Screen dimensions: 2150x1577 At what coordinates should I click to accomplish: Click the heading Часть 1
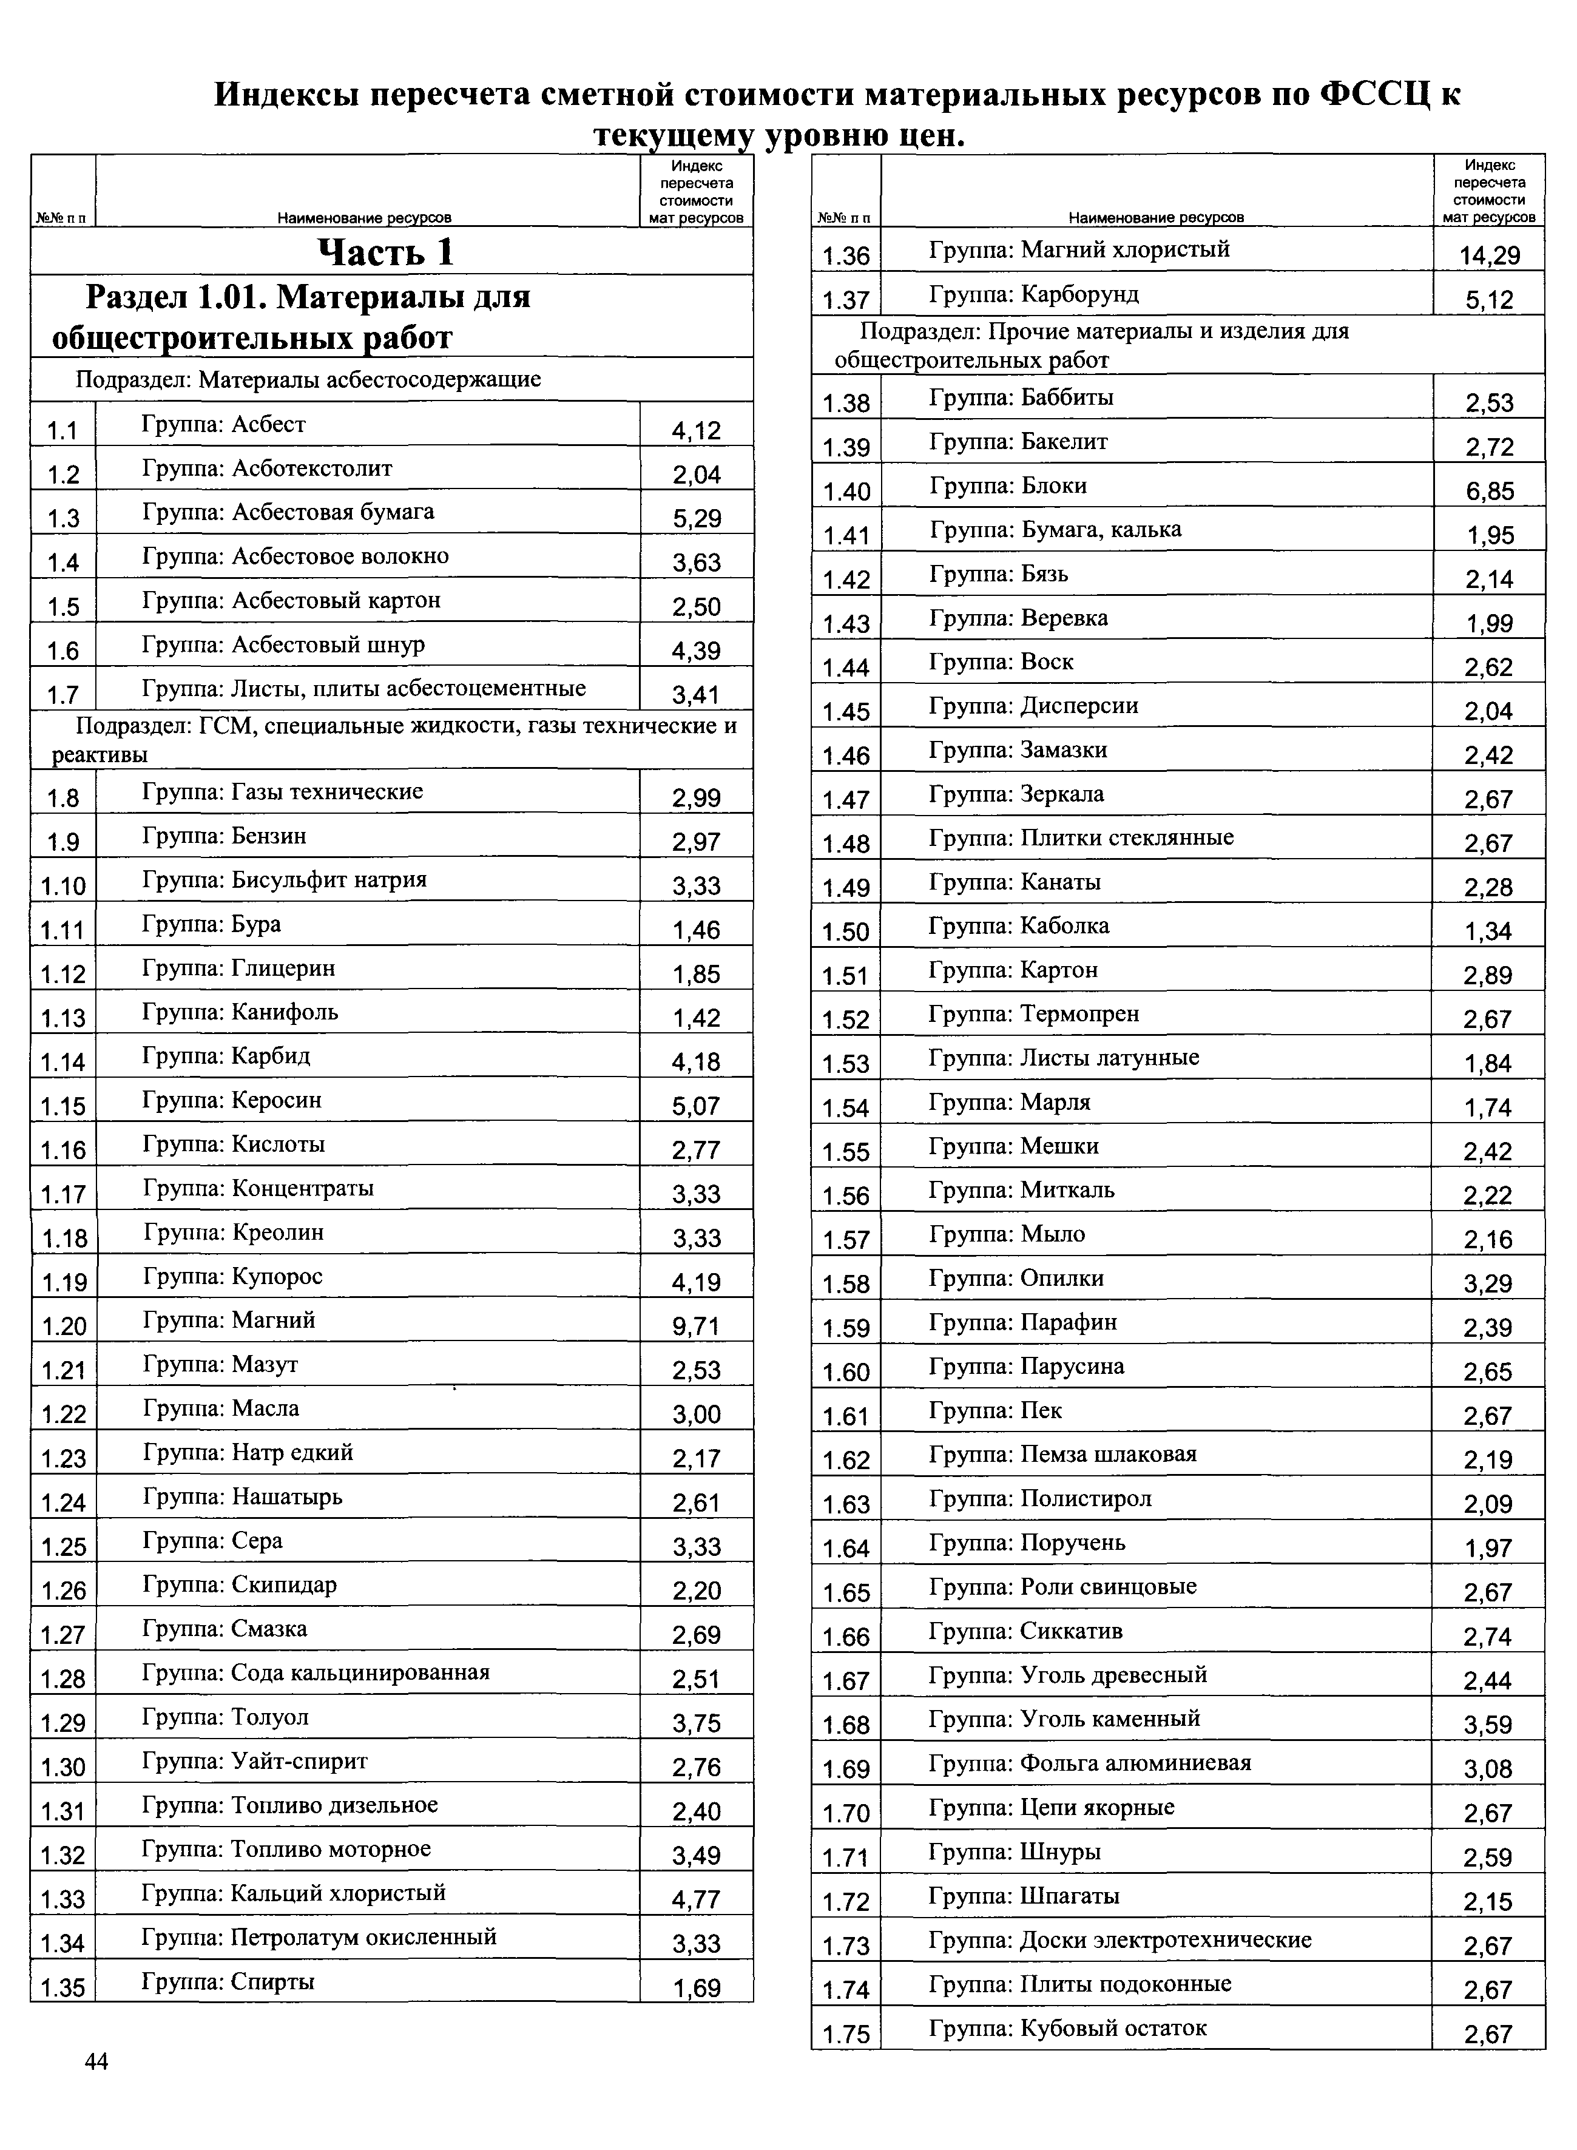(x=386, y=252)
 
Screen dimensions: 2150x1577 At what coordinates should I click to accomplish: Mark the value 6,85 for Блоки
(x=1489, y=492)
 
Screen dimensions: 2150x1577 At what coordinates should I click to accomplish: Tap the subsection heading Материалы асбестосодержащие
(x=308, y=380)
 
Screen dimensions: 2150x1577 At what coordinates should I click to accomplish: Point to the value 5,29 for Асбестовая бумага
(x=696, y=518)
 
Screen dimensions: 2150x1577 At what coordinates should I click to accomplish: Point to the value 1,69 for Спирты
(x=696, y=1988)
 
